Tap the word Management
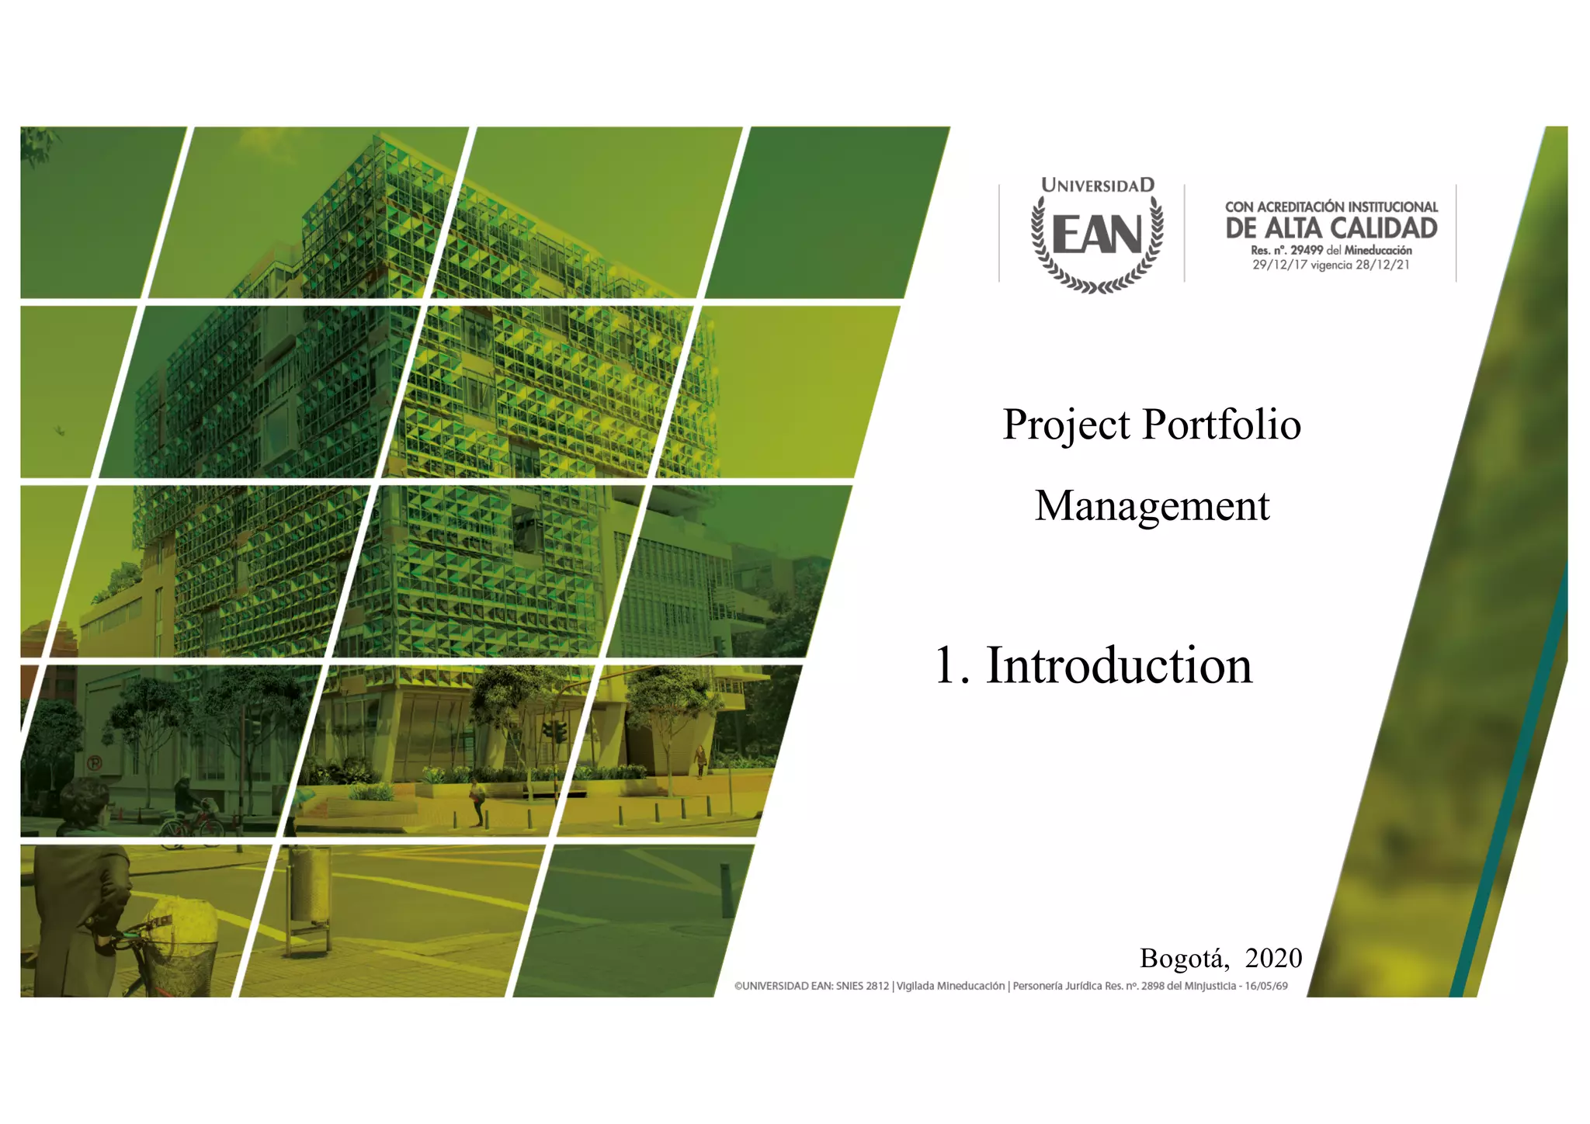point(1152,506)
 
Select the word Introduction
point(1119,666)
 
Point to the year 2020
point(1273,958)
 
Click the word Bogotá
point(1182,959)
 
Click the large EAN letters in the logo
point(1097,235)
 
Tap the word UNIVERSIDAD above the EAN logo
point(1097,186)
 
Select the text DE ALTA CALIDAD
point(1331,228)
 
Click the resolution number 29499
point(1306,250)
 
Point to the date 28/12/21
point(1383,265)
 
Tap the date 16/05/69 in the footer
point(1265,986)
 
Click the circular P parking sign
point(94,763)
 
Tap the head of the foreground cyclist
point(84,803)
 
